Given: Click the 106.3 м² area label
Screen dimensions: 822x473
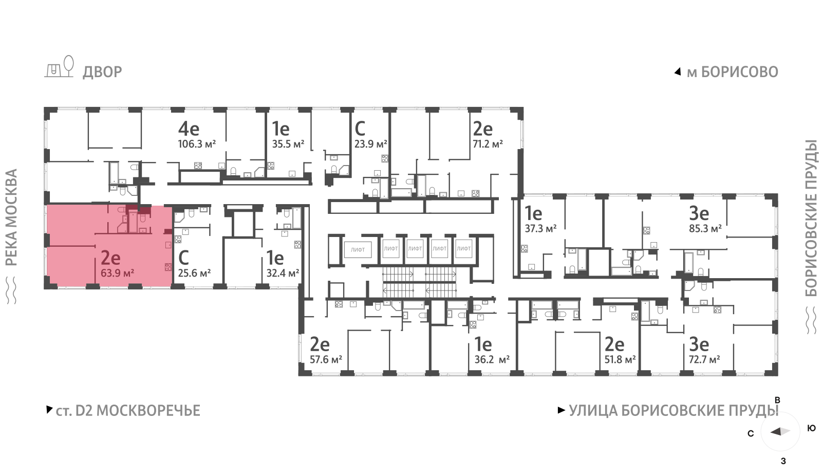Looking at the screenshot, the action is (197, 144).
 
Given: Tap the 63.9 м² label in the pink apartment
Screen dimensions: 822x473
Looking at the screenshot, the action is (118, 273).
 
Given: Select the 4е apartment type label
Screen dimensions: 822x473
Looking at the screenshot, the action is (189, 129).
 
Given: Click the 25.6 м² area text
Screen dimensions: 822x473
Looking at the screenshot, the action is (195, 273).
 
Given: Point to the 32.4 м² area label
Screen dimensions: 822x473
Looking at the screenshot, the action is (283, 273).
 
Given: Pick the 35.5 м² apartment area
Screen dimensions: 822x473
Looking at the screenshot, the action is (288, 144).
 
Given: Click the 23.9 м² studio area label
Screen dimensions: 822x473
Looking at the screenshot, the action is (370, 144).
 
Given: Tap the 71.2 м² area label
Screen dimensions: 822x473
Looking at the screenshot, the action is (488, 144).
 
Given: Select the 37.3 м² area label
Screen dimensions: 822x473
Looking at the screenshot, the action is (540, 229).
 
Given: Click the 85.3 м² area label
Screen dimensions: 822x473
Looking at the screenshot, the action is (705, 229).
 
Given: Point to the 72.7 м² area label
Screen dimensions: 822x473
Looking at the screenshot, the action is (704, 359).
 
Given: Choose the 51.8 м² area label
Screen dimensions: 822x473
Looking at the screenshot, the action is (620, 359).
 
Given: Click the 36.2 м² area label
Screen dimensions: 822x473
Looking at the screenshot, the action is (492, 359).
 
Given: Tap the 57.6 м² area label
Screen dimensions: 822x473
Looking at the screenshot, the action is (326, 359).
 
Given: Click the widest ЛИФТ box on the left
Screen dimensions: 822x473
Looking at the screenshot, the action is (358, 250).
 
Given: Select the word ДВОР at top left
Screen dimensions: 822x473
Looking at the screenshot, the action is (102, 72).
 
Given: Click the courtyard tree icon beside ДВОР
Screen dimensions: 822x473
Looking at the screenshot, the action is (69, 66).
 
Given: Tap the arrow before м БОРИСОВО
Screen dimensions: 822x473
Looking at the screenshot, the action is (678, 72).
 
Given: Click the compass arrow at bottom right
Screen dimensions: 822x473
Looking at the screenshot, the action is (780, 431).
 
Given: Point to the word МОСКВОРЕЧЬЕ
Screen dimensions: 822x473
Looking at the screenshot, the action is (148, 411).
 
